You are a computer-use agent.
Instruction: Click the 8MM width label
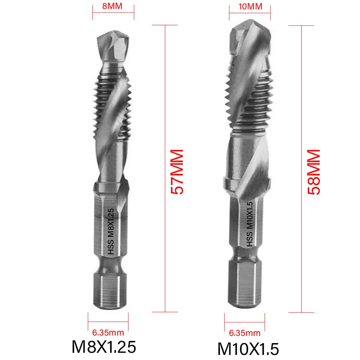113,6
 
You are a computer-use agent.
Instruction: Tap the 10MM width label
250,6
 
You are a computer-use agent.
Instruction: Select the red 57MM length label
177,172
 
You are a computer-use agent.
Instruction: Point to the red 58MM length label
313,172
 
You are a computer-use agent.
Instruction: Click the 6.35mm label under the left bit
108,333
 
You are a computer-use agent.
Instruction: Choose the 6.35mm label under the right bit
244,333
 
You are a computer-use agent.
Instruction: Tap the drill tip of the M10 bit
250,40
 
